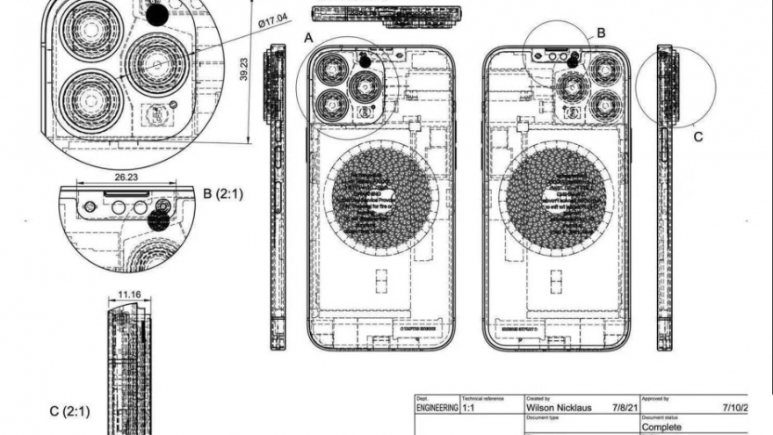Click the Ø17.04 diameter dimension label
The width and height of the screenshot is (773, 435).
[x=276, y=20]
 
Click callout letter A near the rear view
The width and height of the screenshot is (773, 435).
[x=308, y=38]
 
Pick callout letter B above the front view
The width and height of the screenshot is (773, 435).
[x=601, y=33]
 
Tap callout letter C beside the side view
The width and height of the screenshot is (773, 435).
[x=698, y=136]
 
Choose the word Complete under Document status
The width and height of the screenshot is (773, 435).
[x=661, y=427]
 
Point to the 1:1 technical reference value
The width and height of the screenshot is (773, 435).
[x=470, y=409]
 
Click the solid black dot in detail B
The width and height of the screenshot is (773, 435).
[x=158, y=221]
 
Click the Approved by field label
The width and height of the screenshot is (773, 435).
[x=655, y=398]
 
